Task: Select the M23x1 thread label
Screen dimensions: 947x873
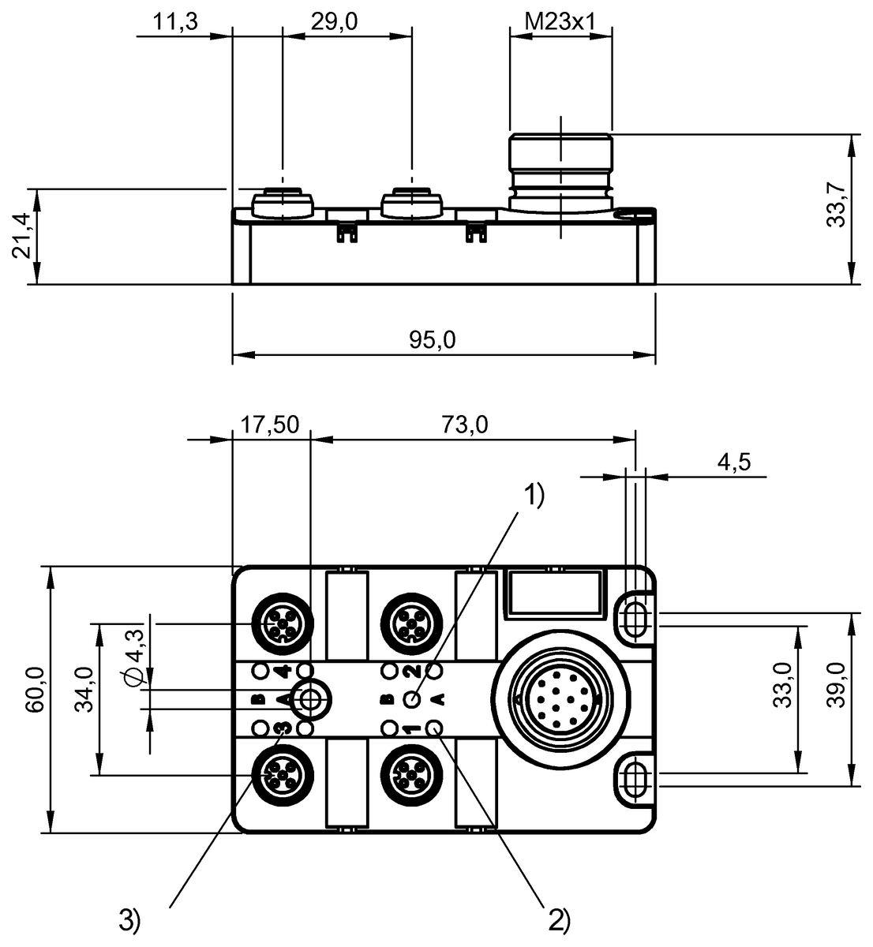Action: [x=560, y=23]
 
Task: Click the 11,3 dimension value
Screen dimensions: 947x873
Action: [x=174, y=23]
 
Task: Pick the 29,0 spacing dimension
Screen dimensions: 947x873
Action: [x=334, y=23]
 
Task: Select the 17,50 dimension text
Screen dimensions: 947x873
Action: [x=269, y=425]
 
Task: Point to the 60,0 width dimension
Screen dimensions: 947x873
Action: [x=34, y=691]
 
